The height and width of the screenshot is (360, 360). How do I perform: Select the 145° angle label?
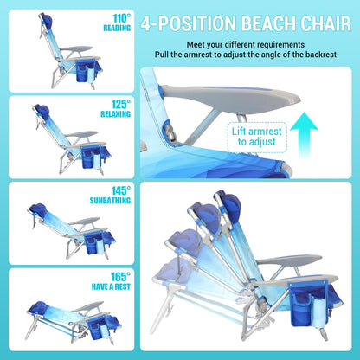[119, 190]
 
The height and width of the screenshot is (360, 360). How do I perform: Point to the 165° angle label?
[119, 276]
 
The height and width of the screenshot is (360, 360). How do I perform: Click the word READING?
[117, 26]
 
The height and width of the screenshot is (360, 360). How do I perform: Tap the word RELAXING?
[116, 112]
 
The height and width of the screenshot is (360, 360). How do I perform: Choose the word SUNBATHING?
[112, 202]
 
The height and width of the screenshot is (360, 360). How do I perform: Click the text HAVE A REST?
[111, 287]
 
